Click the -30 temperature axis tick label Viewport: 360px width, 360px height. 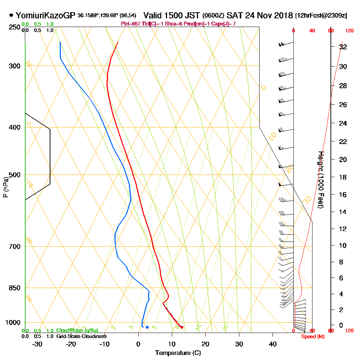click(37, 344)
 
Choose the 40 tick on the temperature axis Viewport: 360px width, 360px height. click(273, 344)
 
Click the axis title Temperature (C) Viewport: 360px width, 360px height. click(178, 353)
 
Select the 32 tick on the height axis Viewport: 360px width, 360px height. click(343, 47)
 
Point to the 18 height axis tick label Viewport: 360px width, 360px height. click(343, 177)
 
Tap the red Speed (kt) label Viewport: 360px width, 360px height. click(312, 336)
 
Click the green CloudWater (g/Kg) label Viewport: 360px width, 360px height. click(77, 330)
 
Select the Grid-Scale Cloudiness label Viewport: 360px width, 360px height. click(81, 336)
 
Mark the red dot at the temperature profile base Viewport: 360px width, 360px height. click(182, 327)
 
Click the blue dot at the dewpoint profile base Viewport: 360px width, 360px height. click(147, 327)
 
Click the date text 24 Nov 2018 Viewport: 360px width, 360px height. click(268, 15)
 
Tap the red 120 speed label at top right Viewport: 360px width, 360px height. click(349, 31)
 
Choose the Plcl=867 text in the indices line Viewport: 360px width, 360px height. click(131, 24)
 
